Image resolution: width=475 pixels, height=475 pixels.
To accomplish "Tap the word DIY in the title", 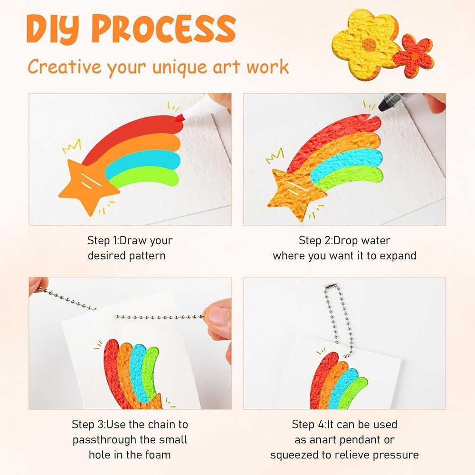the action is click(x=53, y=28).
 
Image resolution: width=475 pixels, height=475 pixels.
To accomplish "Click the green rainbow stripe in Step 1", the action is click(x=145, y=177).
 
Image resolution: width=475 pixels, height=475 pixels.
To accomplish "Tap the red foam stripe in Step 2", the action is click(x=333, y=139).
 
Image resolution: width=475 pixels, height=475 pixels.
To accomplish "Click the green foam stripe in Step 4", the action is click(x=352, y=393).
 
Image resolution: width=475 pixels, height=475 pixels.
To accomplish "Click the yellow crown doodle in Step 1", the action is click(x=72, y=146).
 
